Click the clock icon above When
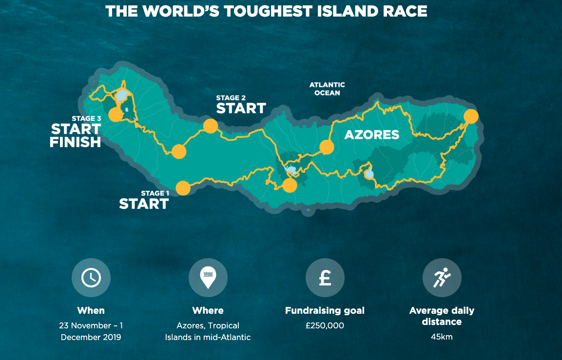tap(91, 278)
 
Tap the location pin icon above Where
tap(208, 278)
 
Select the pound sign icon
tap(325, 278)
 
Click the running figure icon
tap(442, 278)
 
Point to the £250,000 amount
tap(325, 325)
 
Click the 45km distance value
tap(442, 337)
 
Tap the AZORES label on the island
tap(371, 134)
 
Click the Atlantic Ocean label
tap(327, 89)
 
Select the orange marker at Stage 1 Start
tap(183, 188)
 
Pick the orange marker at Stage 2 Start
tap(210, 126)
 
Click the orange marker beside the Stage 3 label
tap(116, 114)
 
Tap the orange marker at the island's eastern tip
tap(471, 116)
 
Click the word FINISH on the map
tap(75, 142)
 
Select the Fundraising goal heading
tap(325, 310)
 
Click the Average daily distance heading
tap(442, 316)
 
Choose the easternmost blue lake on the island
tap(369, 174)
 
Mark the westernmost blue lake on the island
tap(122, 95)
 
